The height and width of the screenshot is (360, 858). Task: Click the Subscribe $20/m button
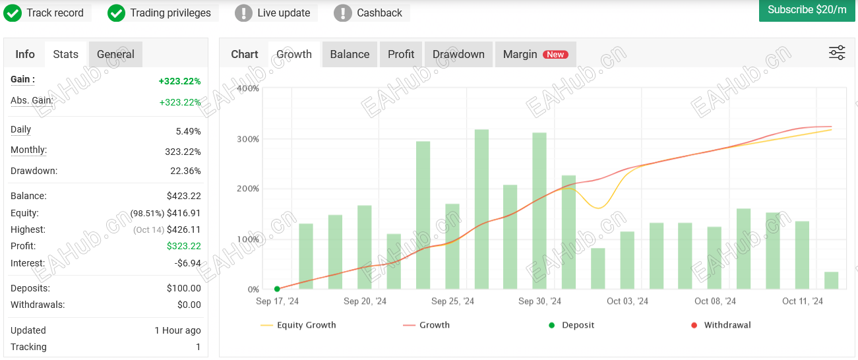pos(807,11)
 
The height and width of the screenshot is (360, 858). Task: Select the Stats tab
pos(65,54)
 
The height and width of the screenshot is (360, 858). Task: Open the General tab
pos(115,54)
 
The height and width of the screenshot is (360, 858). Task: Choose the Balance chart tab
pos(350,54)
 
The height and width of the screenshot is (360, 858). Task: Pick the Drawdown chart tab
pos(458,54)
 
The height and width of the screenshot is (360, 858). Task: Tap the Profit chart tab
pos(401,54)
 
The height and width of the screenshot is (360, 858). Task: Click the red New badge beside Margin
pos(555,55)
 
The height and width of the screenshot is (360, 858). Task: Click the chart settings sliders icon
pos(837,53)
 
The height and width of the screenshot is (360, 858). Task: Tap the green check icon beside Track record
pos(13,13)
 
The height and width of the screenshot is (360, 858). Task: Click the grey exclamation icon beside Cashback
pos(343,13)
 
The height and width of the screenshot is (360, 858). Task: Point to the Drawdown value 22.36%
pos(185,171)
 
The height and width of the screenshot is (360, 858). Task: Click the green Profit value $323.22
pos(184,246)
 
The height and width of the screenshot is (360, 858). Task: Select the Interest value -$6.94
pos(187,263)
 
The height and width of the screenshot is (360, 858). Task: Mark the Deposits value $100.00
pos(184,288)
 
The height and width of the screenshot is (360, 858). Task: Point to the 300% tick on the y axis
pos(248,139)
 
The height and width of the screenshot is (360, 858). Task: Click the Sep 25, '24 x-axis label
pos(453,301)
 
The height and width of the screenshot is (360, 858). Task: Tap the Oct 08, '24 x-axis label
pos(715,301)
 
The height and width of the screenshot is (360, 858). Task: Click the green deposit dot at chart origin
pos(277,289)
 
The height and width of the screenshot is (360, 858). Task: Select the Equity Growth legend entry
pos(298,325)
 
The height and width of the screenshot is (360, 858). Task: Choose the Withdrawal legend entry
pos(721,325)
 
